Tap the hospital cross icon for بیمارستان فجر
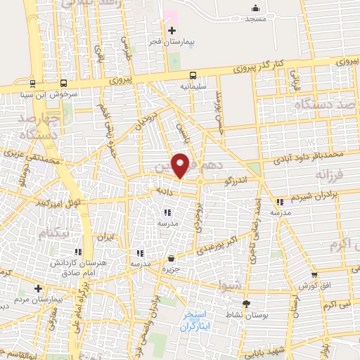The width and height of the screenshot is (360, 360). (x=172, y=30)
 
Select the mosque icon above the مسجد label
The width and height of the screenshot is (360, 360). (x=255, y=8)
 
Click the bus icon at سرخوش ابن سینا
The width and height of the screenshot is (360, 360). (x=64, y=82)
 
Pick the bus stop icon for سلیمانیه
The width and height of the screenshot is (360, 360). (x=192, y=75)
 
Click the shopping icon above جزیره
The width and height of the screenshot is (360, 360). (x=172, y=259)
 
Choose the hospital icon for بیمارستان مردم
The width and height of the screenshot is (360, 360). (x=38, y=288)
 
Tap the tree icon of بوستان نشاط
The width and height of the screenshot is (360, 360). (x=246, y=304)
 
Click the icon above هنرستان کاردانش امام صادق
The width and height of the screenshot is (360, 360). (x=79, y=251)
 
